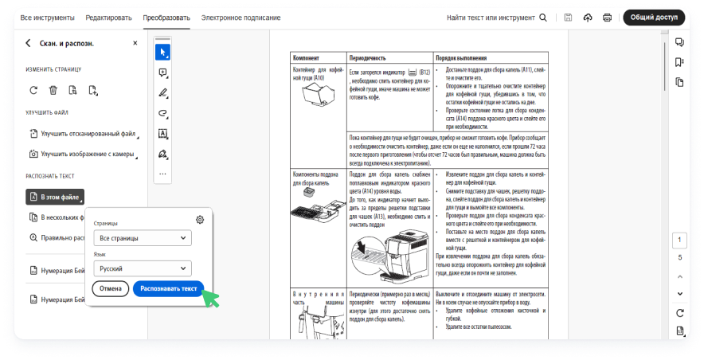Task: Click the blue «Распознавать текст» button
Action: coord(168,288)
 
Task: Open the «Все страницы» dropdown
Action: coord(142,238)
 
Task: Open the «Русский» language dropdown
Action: coord(142,268)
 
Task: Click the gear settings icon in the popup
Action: coord(200,220)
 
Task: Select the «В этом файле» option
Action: coord(55,196)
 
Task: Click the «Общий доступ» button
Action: coord(654,18)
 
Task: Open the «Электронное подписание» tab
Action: coord(241,18)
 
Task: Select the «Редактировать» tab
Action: coord(109,18)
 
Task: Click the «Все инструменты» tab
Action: coord(47,18)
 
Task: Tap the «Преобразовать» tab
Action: coord(167,18)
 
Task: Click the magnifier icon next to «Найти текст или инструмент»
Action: coord(543,18)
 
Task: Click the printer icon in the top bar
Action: coord(608,18)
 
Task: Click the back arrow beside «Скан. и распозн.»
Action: coord(29,44)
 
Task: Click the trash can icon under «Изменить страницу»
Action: coord(53,91)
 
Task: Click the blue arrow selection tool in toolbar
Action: coord(162,53)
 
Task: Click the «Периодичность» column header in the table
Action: coord(368,58)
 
